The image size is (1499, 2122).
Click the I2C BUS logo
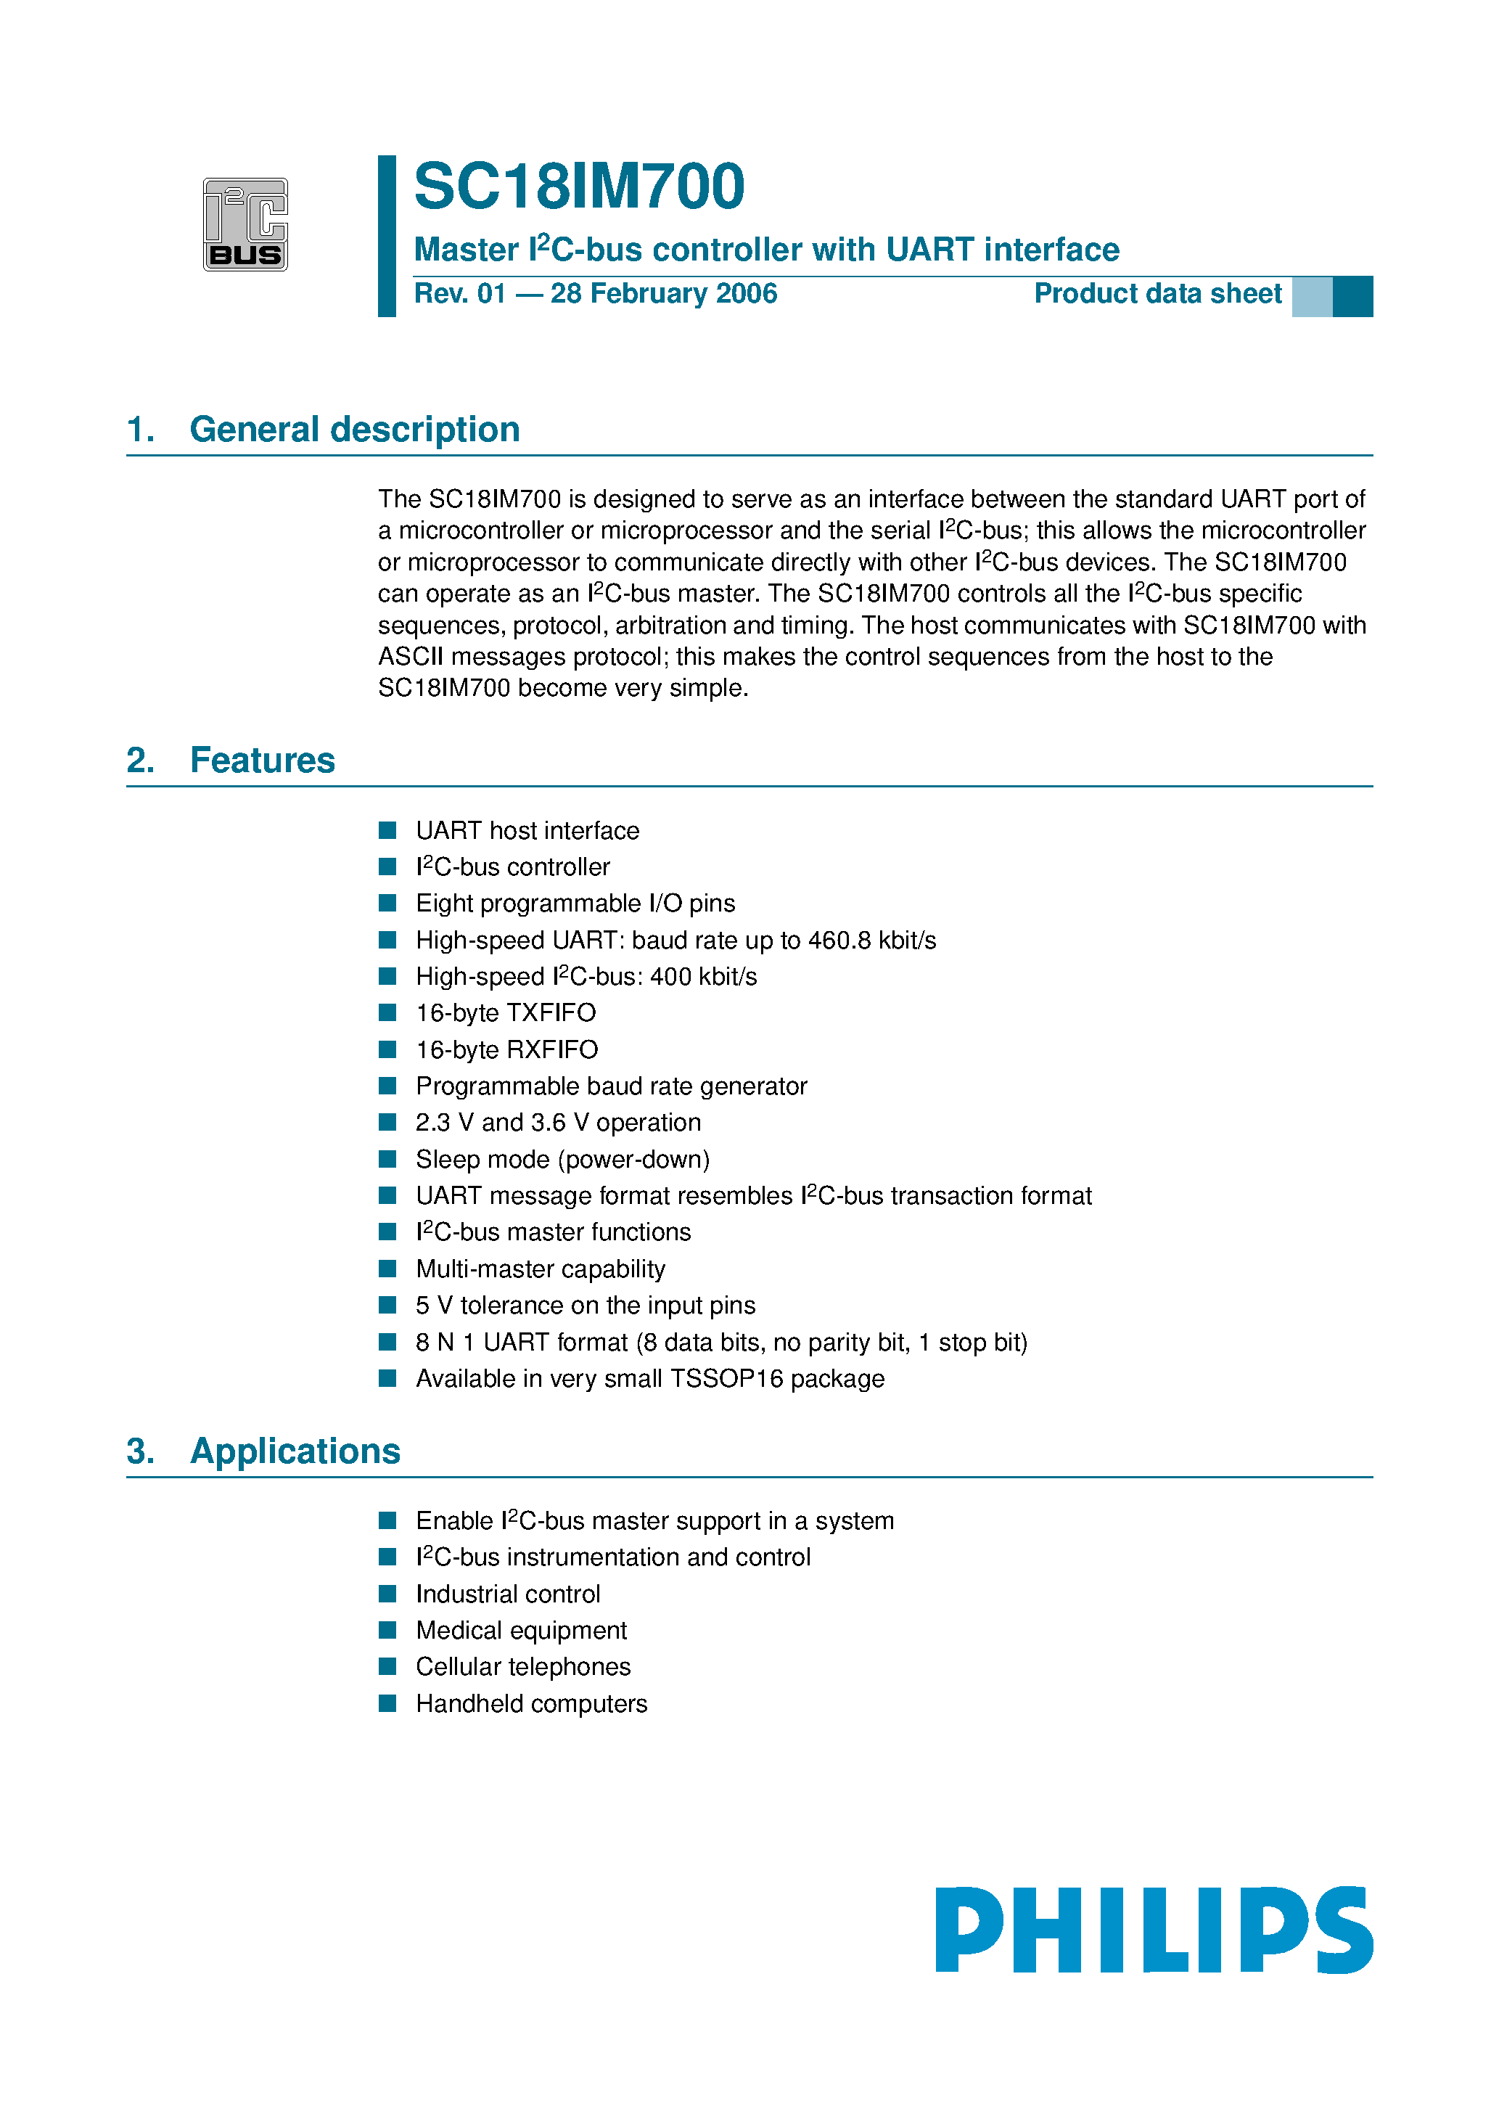pyautogui.click(x=245, y=224)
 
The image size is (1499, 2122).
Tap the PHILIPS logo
pyautogui.click(x=1154, y=1930)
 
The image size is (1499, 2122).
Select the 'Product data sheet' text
pyautogui.click(x=1157, y=294)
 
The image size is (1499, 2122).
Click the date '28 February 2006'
pyautogui.click(x=664, y=294)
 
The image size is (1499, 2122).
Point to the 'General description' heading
pyautogui.click(x=354, y=430)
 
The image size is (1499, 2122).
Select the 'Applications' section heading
pyautogui.click(x=295, y=1451)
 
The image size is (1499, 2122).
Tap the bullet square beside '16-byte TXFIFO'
pyautogui.click(x=387, y=1013)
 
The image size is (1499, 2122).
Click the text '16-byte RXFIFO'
pyautogui.click(x=506, y=1050)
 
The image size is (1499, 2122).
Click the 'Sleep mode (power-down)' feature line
pyautogui.click(x=562, y=1160)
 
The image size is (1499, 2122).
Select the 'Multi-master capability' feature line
pyautogui.click(x=540, y=1269)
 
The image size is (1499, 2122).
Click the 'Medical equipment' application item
pyautogui.click(x=520, y=1630)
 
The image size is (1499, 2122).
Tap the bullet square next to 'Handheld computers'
pyautogui.click(x=387, y=1703)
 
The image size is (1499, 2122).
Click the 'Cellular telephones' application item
pyautogui.click(x=522, y=1667)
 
